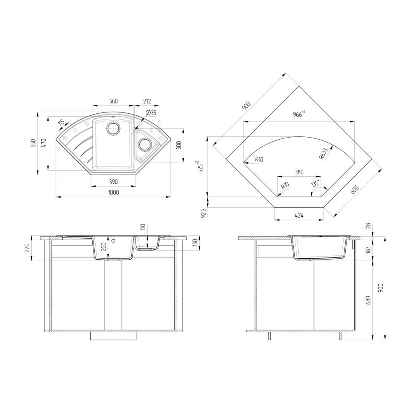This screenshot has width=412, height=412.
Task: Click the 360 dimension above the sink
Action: [x=114, y=101]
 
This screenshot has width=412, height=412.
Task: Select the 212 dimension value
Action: [x=147, y=101]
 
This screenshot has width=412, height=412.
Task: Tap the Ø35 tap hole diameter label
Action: [x=151, y=113]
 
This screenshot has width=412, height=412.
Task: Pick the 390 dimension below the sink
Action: [x=114, y=181]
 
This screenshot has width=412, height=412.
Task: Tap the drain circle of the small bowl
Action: [x=144, y=145]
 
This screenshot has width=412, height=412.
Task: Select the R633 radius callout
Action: [x=323, y=153]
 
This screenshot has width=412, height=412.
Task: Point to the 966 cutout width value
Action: [x=298, y=115]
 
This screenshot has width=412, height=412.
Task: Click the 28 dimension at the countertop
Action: [x=368, y=226]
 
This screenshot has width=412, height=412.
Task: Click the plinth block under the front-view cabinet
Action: [x=113, y=336]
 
